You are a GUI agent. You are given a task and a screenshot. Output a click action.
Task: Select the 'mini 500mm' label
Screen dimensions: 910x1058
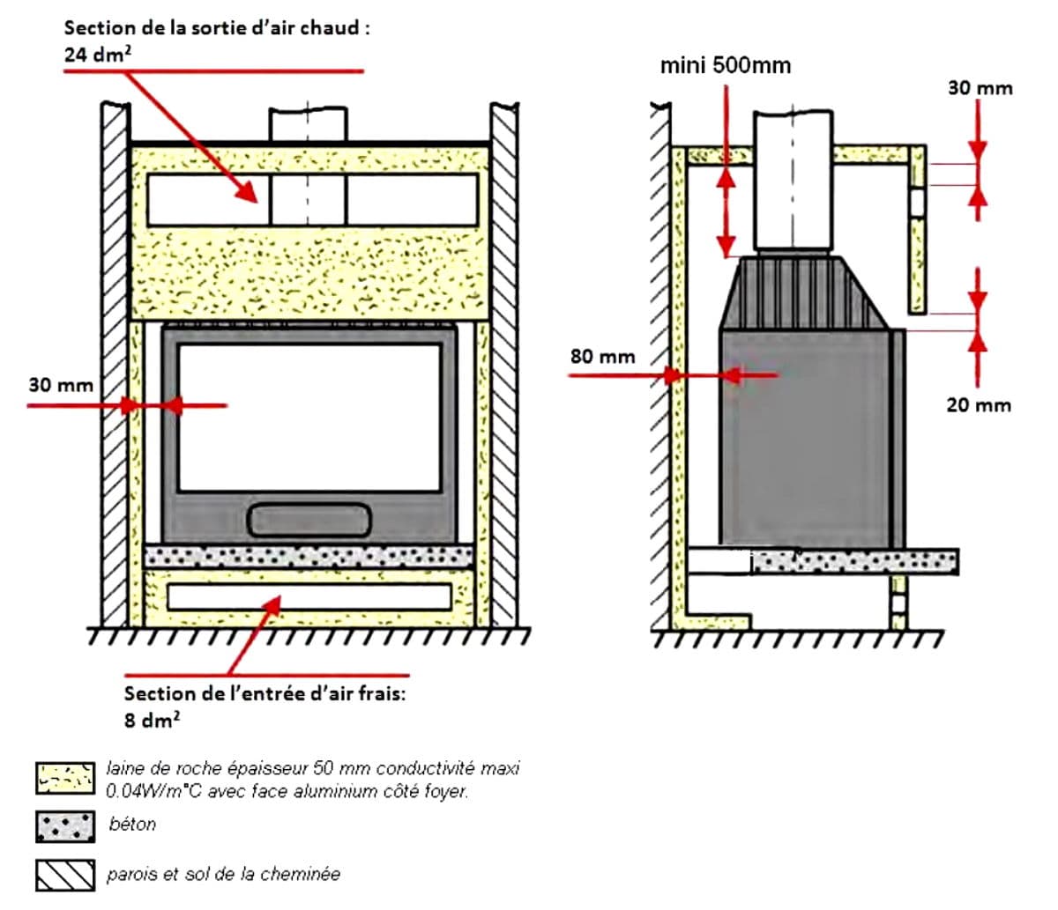coord(725,65)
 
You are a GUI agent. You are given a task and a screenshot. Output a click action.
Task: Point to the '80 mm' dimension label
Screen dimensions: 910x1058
coord(602,356)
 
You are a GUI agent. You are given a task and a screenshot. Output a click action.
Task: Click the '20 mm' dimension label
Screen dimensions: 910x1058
coord(979,405)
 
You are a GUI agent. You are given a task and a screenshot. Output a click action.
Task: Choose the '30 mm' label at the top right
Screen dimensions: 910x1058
coord(980,87)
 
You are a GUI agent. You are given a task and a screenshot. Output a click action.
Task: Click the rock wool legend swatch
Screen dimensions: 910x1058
coord(65,778)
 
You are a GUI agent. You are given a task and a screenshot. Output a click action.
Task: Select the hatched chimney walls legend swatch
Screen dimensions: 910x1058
coord(65,874)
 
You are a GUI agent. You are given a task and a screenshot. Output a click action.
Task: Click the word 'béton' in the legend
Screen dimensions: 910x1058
coord(132,825)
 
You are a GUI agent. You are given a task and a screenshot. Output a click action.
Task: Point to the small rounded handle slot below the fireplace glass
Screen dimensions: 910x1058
coord(309,520)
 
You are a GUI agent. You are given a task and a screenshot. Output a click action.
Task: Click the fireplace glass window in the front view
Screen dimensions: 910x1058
coord(309,417)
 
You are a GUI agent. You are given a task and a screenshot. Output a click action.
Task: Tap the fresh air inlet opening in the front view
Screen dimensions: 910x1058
coord(309,596)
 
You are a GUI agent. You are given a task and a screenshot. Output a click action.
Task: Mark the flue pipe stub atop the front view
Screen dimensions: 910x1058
coord(308,124)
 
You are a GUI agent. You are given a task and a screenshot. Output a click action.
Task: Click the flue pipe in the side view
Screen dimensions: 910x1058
coord(793,181)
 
